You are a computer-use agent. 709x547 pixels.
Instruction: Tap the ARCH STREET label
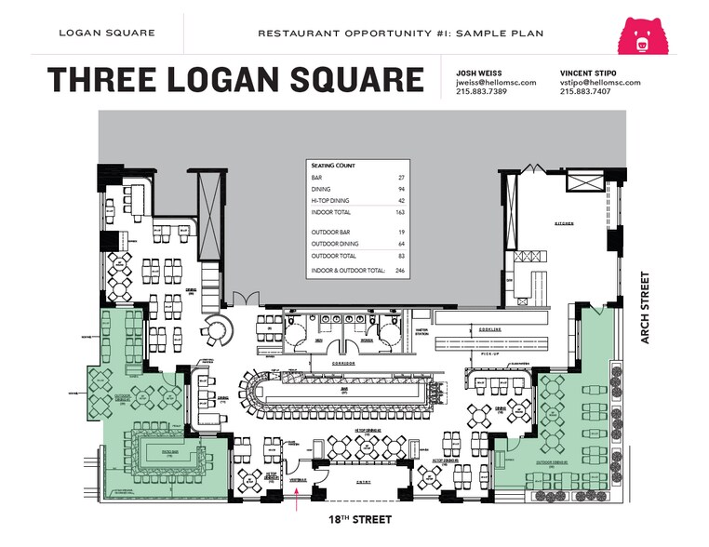point(645,308)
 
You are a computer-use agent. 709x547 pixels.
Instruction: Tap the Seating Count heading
point(331,166)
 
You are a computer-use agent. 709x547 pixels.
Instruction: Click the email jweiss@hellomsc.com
point(496,82)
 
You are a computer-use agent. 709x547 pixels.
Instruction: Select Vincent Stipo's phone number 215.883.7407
point(586,92)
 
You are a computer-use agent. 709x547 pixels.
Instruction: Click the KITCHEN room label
point(565,223)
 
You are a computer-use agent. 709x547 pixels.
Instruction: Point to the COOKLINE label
point(490,329)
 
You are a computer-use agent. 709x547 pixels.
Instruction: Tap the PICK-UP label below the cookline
point(489,354)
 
